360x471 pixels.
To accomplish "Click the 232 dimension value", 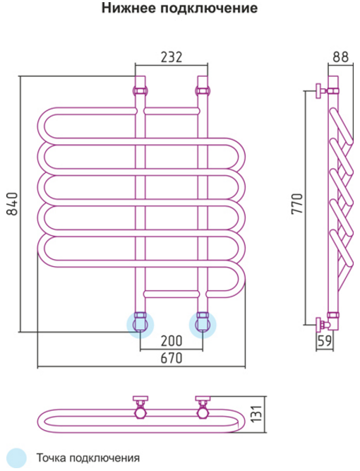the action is click(x=172, y=57).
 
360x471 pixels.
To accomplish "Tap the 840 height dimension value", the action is click(x=13, y=204).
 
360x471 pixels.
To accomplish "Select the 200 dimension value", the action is click(x=172, y=340).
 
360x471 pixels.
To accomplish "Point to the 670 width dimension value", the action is click(x=172, y=358).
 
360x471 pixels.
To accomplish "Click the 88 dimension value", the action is click(x=341, y=57).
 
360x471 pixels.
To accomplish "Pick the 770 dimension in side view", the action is click(x=298, y=203).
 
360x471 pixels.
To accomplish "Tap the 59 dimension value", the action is click(x=325, y=341).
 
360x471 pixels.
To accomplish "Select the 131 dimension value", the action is click(x=257, y=414).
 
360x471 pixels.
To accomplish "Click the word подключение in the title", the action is click(x=208, y=8).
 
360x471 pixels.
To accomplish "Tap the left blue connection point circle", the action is click(x=140, y=325).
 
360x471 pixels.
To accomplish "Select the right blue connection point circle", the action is click(x=203, y=325).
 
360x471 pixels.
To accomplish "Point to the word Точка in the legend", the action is click(x=51, y=458).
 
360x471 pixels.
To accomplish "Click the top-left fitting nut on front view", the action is click(x=140, y=90).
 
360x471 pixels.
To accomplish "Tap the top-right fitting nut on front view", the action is click(x=203, y=90).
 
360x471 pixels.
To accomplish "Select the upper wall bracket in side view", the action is click(x=321, y=90).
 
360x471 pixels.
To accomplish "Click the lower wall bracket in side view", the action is click(x=322, y=325).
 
